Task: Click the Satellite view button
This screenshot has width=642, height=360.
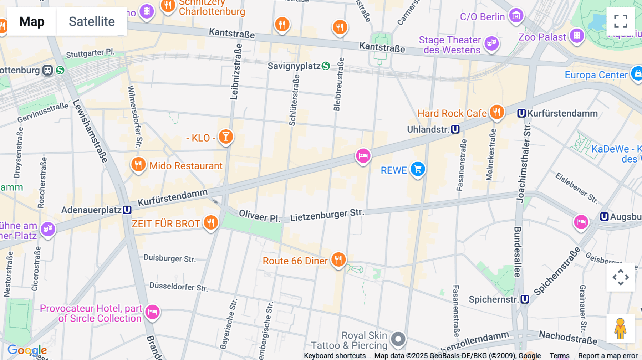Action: pos(92,21)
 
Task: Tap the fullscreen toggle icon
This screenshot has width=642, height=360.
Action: pos(621,21)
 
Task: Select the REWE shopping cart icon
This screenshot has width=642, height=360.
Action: pos(418,169)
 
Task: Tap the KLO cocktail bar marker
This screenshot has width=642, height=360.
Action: pos(226,137)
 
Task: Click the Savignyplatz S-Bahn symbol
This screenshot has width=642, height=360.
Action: pos(326,66)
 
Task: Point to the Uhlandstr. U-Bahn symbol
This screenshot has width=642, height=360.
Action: pos(455,129)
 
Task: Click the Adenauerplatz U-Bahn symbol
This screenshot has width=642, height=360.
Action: pos(127,210)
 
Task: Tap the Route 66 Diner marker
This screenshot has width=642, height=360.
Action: pos(338,260)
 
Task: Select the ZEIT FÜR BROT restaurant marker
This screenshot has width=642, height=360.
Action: pos(211,222)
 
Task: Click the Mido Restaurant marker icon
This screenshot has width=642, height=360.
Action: pos(138,165)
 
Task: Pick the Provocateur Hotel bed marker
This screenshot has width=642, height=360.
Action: pos(153,312)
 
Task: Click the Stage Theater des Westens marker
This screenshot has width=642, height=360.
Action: pos(491,43)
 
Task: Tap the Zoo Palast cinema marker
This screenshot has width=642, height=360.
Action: pos(577,36)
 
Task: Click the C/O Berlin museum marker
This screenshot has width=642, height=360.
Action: pos(516,16)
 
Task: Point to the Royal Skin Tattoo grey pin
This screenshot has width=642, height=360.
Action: pos(398,339)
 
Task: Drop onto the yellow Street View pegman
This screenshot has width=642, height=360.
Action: pos(620,329)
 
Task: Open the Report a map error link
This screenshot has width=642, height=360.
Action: pos(608,356)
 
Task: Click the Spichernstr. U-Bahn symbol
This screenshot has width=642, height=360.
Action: pos(525,299)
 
